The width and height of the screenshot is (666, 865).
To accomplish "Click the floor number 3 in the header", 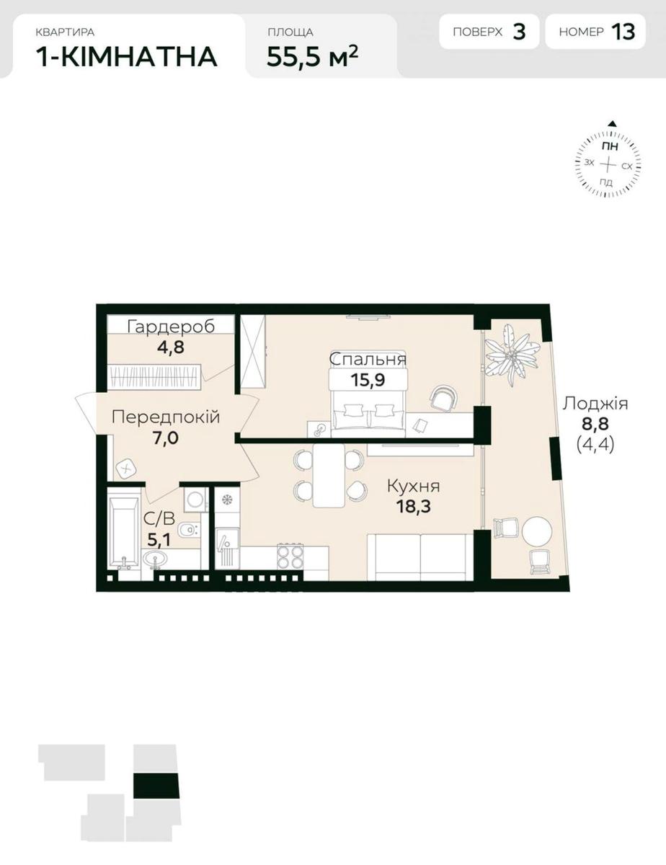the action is click(x=519, y=32).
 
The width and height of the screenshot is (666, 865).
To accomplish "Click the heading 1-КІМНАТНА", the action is click(x=127, y=57).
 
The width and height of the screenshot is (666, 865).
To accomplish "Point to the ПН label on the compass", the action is click(x=610, y=146).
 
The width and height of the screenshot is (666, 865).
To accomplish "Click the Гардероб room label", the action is click(x=171, y=327).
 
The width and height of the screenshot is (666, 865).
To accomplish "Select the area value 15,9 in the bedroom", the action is click(x=368, y=380).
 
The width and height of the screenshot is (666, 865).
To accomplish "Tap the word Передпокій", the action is click(x=166, y=417).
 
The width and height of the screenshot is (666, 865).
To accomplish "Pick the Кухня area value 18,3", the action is click(x=413, y=507).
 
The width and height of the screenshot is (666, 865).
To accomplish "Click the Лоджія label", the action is click(x=595, y=404).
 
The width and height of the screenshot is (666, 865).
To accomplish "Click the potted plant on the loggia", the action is click(x=512, y=355).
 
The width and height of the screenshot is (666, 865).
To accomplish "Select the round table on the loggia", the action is click(x=537, y=531).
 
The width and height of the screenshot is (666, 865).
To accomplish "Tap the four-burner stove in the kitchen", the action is click(x=290, y=556).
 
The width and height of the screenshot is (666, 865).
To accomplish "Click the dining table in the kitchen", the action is click(x=329, y=475).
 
